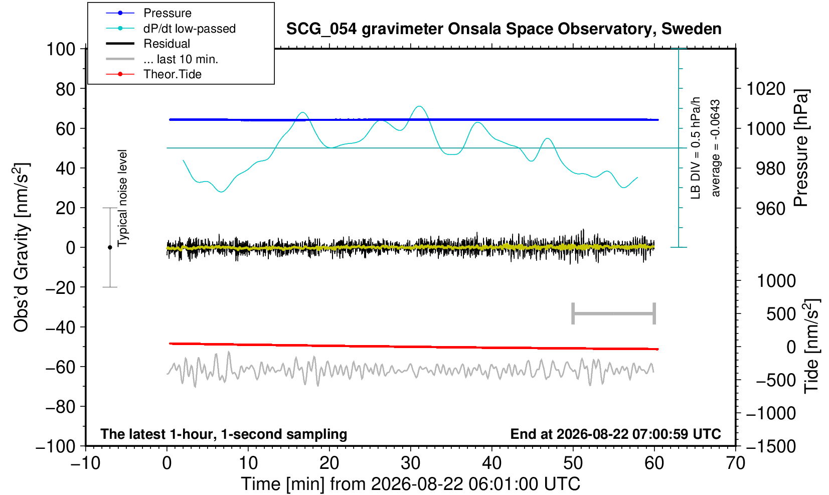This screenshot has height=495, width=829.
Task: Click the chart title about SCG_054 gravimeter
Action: [x=504, y=29]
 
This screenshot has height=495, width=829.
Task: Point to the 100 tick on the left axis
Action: [x=61, y=49]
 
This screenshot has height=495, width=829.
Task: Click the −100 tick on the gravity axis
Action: [x=56, y=446]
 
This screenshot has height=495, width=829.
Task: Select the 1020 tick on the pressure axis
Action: [x=766, y=89]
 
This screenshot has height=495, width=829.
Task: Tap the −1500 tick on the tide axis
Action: [x=771, y=446]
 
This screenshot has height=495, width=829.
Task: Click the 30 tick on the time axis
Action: [x=410, y=463]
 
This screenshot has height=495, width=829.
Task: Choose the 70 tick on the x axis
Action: [x=735, y=463]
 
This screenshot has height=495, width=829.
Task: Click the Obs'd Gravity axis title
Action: [x=21, y=247]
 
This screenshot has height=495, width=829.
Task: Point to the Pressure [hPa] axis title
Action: [x=801, y=148]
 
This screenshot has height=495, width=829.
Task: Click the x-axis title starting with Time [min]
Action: [x=410, y=484]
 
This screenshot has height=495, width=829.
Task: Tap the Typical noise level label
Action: [x=122, y=198]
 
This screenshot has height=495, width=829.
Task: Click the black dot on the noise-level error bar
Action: [x=110, y=247]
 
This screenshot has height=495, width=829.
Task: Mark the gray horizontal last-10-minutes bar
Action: [x=614, y=313]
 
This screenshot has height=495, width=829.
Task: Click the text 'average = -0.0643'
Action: [x=715, y=148]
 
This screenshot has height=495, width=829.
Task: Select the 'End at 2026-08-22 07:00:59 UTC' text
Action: [x=615, y=434]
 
